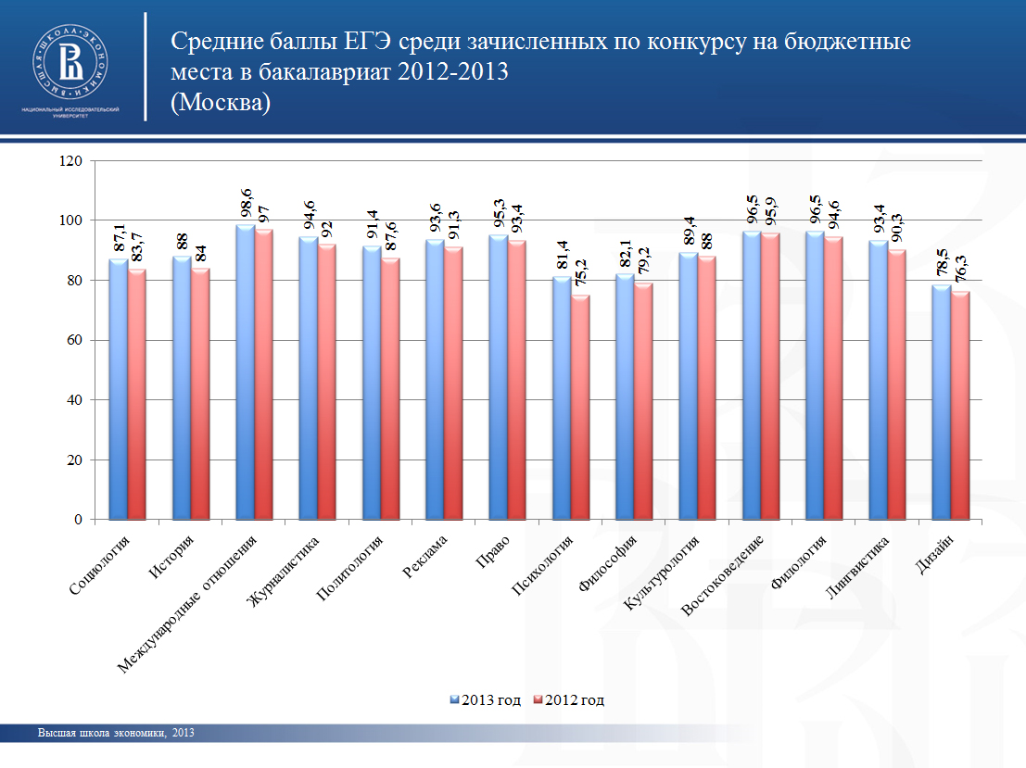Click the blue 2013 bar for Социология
point(118,389)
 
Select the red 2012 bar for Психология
point(580,408)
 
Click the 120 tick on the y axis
point(71,161)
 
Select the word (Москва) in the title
point(221,102)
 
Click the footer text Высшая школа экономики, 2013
point(116,733)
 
